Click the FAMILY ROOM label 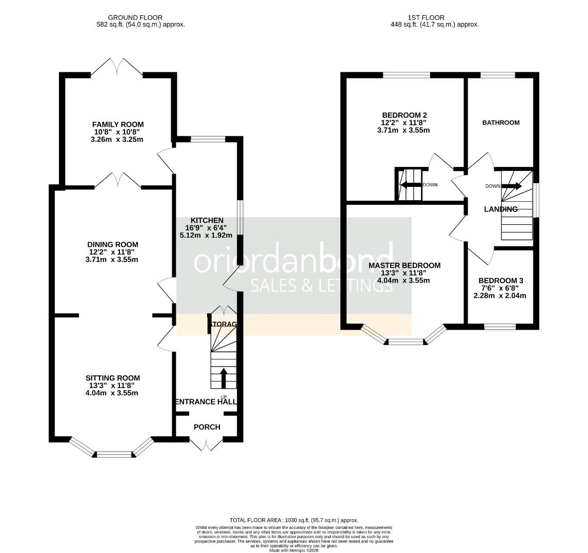118,124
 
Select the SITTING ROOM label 112,378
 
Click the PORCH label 207,427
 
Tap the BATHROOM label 501,122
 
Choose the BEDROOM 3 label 500,281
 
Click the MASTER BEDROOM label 404,265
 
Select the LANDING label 501,209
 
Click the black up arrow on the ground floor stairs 224,378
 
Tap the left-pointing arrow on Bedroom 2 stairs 411,184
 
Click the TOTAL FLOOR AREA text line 294,520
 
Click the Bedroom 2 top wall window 406,75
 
